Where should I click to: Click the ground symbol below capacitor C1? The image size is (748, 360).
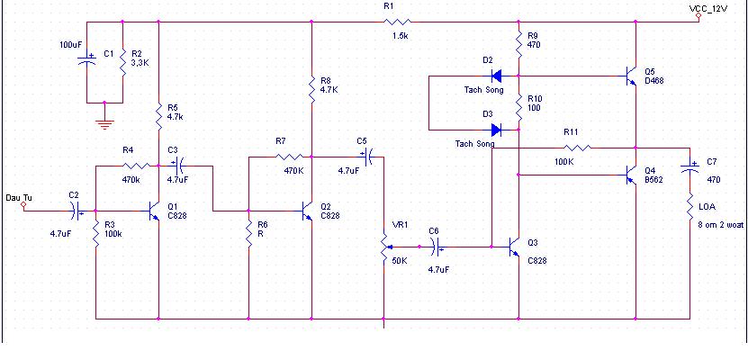pyautogui.click(x=104, y=124)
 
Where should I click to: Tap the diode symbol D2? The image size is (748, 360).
pyautogui.click(x=497, y=76)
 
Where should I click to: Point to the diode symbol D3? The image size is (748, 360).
pyautogui.click(x=497, y=130)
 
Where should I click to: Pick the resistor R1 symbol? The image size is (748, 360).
pyautogui.click(x=397, y=22)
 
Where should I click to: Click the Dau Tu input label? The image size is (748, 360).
pyautogui.click(x=19, y=197)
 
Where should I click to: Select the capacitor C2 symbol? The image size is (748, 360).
pyautogui.click(x=76, y=211)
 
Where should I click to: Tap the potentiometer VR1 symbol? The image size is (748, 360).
pyautogui.click(x=385, y=247)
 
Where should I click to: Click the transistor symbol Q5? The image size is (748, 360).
pyautogui.click(x=631, y=76)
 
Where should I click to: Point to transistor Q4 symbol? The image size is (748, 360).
pyautogui.click(x=631, y=175)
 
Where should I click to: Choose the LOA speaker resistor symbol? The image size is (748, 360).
pyautogui.click(x=689, y=206)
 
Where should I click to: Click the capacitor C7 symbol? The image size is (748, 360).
pyautogui.click(x=689, y=166)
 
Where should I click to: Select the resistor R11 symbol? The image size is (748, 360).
pyautogui.click(x=577, y=148)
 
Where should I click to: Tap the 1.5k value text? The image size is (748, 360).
pyautogui.click(x=400, y=36)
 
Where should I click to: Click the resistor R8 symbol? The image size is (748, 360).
pyautogui.click(x=311, y=89)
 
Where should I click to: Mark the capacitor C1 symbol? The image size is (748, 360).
pyautogui.click(x=86, y=60)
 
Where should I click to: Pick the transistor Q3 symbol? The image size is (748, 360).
pyautogui.click(x=514, y=247)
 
